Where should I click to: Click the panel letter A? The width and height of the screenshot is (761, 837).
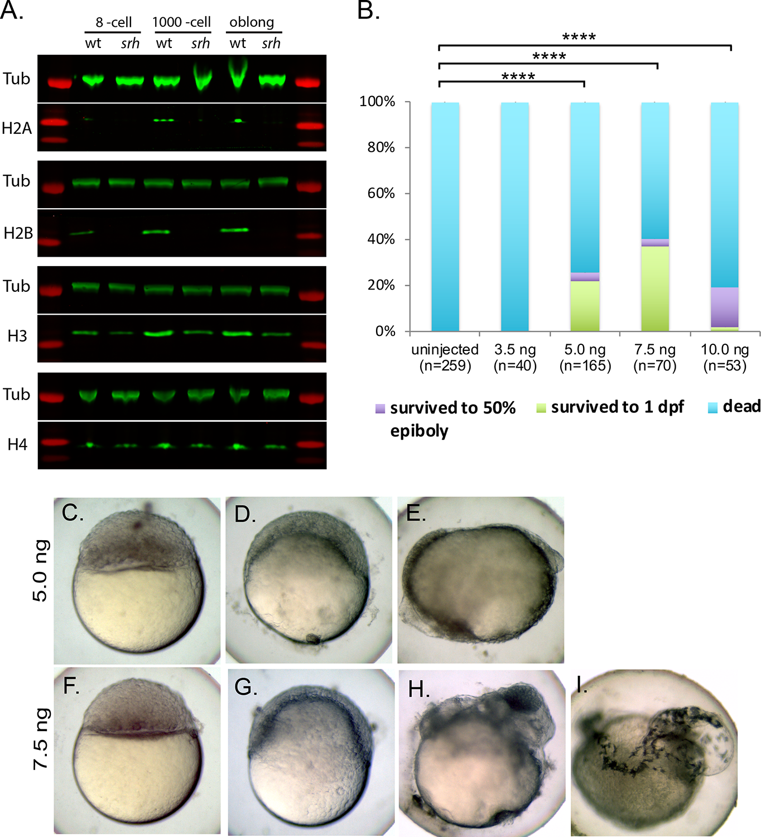point(11,10)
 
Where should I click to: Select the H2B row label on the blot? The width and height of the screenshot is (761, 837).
point(18,233)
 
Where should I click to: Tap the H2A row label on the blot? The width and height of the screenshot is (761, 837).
point(17,129)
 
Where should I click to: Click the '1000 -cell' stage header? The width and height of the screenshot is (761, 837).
point(181,22)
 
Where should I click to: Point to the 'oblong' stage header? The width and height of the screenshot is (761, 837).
point(252,22)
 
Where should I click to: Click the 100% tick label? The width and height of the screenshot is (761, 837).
point(377,102)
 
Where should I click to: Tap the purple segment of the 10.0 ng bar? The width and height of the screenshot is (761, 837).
point(724,307)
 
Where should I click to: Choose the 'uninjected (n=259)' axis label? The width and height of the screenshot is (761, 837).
point(445,358)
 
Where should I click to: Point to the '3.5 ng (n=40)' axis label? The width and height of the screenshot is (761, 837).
point(515,358)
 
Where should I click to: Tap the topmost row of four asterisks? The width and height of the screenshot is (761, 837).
point(579,37)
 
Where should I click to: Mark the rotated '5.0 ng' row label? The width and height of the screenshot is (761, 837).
point(41,570)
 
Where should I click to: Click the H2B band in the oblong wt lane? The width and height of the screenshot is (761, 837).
point(234,229)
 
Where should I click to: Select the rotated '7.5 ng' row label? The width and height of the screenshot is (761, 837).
point(41,739)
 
